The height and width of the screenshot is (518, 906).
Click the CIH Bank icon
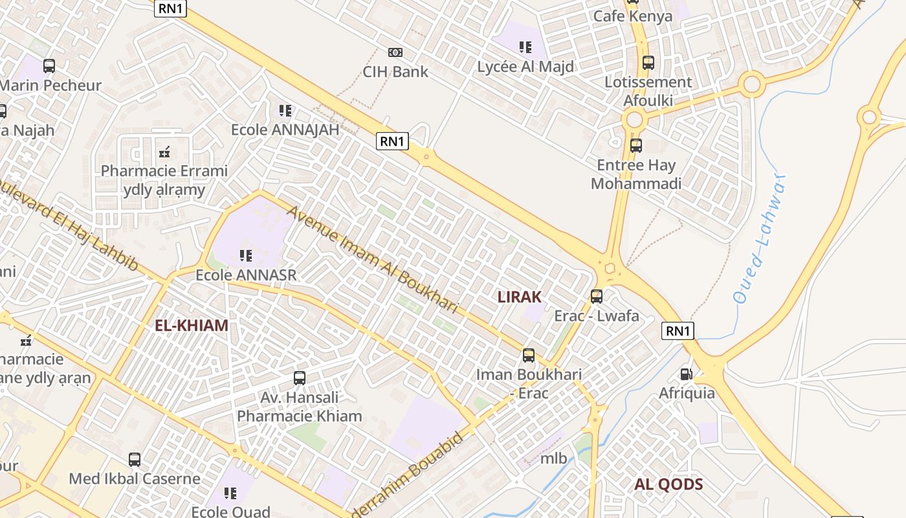(x=395, y=52)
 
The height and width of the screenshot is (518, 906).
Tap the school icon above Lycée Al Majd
(x=525, y=47)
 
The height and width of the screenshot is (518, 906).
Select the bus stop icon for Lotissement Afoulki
(x=648, y=63)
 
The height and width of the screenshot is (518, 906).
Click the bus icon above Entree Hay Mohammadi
(x=636, y=146)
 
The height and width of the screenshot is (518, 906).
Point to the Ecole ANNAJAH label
(x=285, y=129)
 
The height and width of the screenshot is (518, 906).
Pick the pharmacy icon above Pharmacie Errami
(x=164, y=153)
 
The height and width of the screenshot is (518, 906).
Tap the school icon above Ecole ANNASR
(x=246, y=256)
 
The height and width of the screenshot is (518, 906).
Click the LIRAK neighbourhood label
(x=519, y=297)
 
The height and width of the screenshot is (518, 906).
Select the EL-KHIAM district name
(x=192, y=326)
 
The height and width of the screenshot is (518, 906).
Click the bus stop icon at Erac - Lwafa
(x=597, y=297)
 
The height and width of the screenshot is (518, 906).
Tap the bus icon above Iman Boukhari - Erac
(x=529, y=355)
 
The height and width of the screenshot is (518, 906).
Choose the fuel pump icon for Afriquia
(x=686, y=374)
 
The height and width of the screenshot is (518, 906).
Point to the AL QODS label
(x=668, y=484)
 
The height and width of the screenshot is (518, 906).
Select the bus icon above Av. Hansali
(x=300, y=378)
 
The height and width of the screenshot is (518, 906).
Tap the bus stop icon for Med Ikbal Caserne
(x=135, y=460)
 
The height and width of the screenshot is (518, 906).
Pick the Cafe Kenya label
(x=632, y=16)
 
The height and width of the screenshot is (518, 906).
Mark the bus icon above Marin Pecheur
(x=49, y=65)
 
